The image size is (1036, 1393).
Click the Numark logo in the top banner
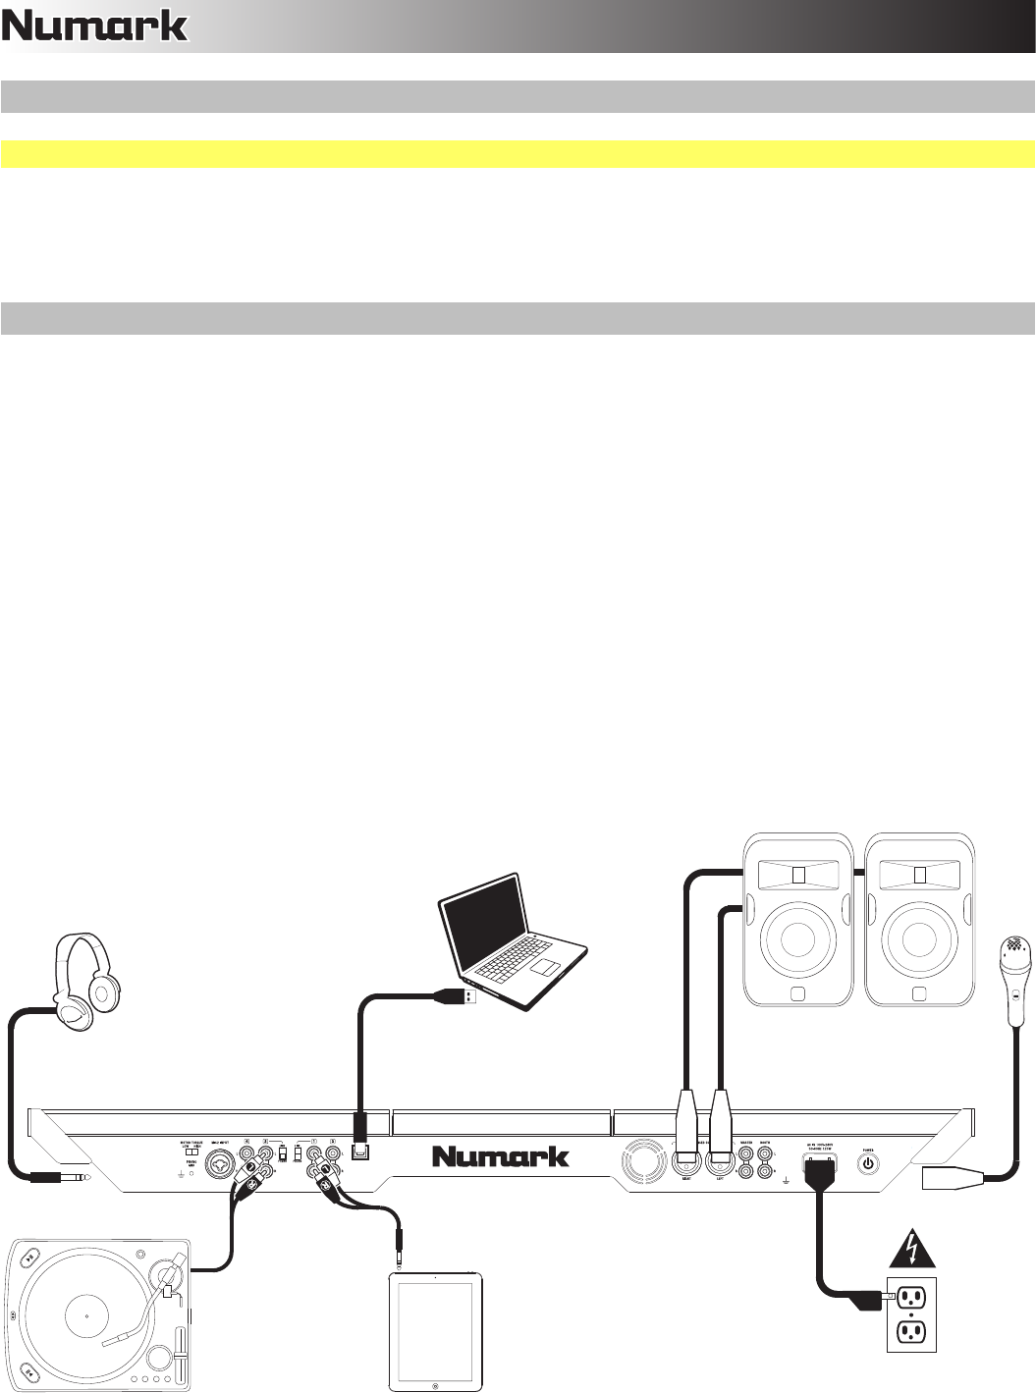tap(94, 27)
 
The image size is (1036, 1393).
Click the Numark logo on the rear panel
tap(501, 1156)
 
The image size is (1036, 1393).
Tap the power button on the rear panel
tap(867, 1165)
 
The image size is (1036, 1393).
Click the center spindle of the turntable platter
tap(86, 1314)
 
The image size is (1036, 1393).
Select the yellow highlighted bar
tap(518, 154)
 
